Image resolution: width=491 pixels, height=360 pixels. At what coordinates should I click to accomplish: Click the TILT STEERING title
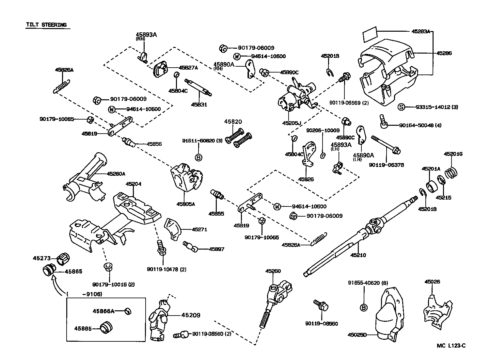pyautogui.click(x=46, y=25)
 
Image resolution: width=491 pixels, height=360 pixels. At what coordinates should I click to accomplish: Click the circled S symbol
pyautogui.click(x=401, y=107)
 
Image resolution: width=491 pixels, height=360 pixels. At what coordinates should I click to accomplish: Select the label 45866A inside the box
pyautogui.click(x=103, y=311)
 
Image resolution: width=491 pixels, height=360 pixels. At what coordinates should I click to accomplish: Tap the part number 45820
pyautogui.click(x=233, y=122)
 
